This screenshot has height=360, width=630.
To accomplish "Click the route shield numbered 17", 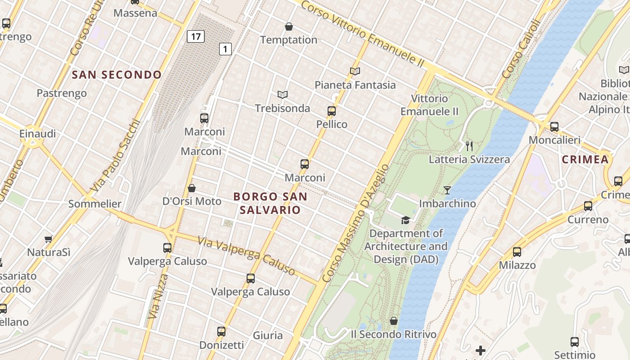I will (x=196, y=36).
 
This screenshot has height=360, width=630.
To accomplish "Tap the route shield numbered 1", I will (x=225, y=49).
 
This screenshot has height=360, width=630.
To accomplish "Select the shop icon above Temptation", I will (x=289, y=27).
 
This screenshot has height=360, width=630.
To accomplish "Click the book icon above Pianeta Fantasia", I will (x=355, y=71).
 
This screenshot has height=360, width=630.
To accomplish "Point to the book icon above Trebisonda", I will (x=283, y=94).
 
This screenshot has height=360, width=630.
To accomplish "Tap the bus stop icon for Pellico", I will (x=332, y=111).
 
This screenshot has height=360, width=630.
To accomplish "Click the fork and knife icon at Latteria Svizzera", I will (x=469, y=146).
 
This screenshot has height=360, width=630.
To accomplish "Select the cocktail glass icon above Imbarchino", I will (x=447, y=190).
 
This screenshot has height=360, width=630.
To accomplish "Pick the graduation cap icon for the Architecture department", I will (x=406, y=220).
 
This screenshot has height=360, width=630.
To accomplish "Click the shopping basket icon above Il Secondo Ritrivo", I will (x=394, y=321).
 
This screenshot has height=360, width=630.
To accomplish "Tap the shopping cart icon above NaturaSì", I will (x=49, y=239).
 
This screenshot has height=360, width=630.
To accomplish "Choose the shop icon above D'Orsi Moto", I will (x=192, y=188).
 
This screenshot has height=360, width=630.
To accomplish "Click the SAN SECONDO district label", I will (x=117, y=75).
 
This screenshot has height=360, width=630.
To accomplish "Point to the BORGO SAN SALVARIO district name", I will (x=270, y=203).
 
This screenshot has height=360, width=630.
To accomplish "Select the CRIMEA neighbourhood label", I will (x=585, y=159).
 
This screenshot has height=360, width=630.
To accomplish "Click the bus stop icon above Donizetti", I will (x=221, y=332).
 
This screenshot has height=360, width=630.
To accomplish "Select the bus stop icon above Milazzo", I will (x=517, y=252).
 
